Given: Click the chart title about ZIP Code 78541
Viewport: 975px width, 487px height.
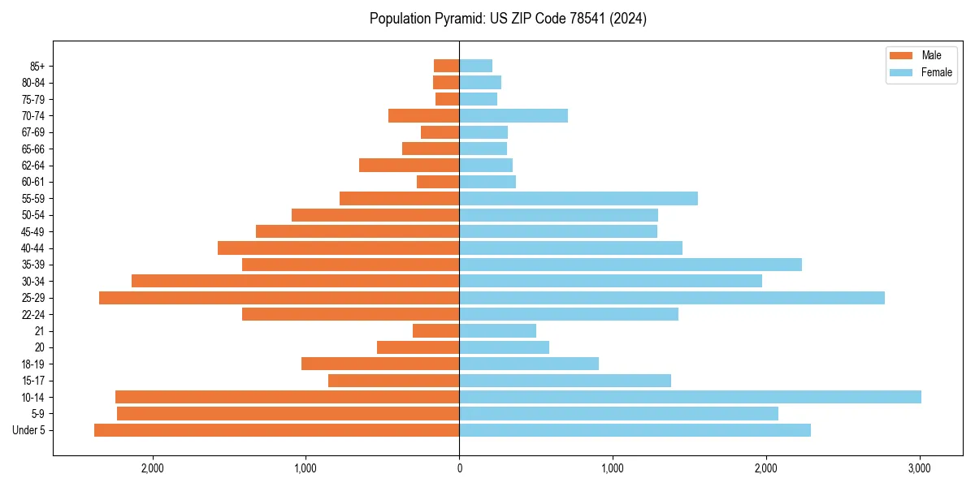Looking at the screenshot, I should pos(508,19).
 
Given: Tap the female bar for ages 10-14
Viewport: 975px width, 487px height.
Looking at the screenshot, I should pos(690,397).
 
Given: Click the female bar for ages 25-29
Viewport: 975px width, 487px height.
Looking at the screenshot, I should pos(672,298).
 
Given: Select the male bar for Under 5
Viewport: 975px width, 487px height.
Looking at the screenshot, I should pos(276,430).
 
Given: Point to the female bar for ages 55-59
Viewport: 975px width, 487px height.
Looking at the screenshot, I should pos(578,199).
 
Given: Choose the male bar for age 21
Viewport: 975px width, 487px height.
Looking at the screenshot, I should pos(435,331).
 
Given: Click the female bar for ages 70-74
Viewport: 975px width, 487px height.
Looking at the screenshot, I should pos(513,116).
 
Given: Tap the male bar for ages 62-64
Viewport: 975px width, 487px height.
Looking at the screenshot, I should pos(409,166).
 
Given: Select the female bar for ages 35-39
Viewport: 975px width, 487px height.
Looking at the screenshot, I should pos(630,265).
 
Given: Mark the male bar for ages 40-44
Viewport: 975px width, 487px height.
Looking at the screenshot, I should pos(338,248).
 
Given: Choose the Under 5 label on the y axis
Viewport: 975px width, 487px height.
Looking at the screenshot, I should pos(29,430).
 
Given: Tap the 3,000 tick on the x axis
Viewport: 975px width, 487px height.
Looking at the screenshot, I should pos(919,468).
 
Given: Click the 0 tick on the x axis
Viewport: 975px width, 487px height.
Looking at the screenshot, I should pos(459,468).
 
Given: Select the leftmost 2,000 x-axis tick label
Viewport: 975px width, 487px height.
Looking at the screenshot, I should pos(153,468).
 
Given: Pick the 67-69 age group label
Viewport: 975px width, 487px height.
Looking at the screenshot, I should pos(33,132).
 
